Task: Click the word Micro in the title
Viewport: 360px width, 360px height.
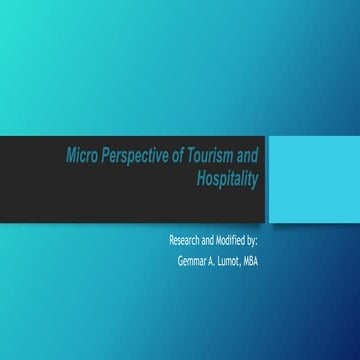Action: click(83, 156)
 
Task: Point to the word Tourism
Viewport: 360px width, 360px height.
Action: click(214, 156)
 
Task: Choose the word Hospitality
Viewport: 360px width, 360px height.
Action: click(229, 179)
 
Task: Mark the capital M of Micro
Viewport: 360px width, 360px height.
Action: click(71, 156)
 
